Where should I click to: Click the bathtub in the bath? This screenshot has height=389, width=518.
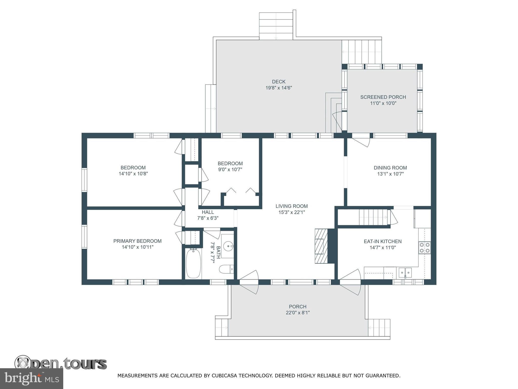193,263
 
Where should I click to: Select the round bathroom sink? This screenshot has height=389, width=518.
228,246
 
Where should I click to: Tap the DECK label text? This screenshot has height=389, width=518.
279,82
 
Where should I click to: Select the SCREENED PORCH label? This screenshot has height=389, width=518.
383,97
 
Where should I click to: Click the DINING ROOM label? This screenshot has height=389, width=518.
390,168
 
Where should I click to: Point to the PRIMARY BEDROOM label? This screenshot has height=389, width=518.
137,241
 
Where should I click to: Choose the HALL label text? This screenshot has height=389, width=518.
208,212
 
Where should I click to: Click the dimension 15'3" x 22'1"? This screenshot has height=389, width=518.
292,212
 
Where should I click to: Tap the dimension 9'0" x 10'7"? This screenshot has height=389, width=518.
230,170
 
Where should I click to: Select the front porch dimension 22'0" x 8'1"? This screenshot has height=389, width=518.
298,313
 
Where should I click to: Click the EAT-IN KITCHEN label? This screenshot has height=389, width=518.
383,241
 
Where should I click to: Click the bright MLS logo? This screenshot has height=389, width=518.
32,379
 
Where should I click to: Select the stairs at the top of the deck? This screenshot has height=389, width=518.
276,26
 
